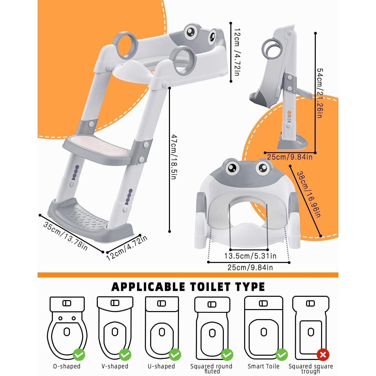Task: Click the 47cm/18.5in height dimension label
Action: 174,157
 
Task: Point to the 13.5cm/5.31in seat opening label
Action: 250,256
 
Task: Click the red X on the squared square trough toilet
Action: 323,355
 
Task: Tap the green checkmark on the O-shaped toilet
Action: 79,355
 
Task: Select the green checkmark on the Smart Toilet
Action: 281,355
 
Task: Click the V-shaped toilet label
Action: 115,366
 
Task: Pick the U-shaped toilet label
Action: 161,366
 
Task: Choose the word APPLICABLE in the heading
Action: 149,287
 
